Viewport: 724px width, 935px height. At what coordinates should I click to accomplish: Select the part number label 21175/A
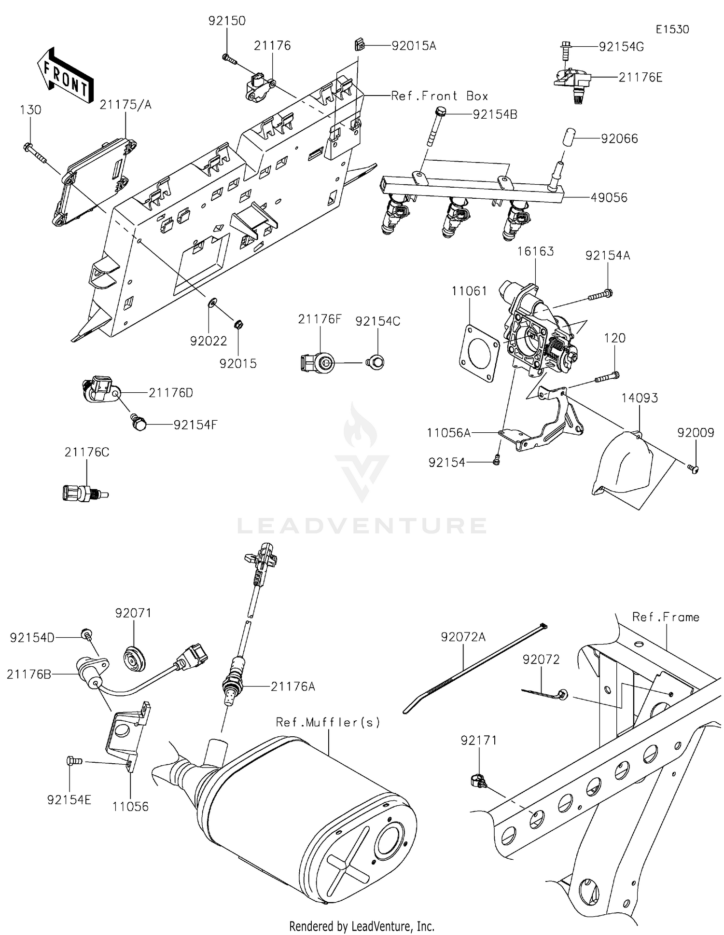coord(125,105)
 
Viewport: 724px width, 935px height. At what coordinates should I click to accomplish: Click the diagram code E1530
coord(672,29)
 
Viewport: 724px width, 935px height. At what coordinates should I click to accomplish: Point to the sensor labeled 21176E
coord(571,81)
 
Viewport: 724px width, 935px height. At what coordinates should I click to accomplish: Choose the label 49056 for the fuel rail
coord(609,198)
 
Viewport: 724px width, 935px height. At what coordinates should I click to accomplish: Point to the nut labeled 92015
coord(237,324)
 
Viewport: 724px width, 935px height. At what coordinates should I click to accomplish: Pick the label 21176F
coord(320,319)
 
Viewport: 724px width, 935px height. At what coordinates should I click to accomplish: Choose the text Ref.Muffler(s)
coord(328,722)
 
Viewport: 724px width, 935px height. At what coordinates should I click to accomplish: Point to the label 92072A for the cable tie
coord(463,637)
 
